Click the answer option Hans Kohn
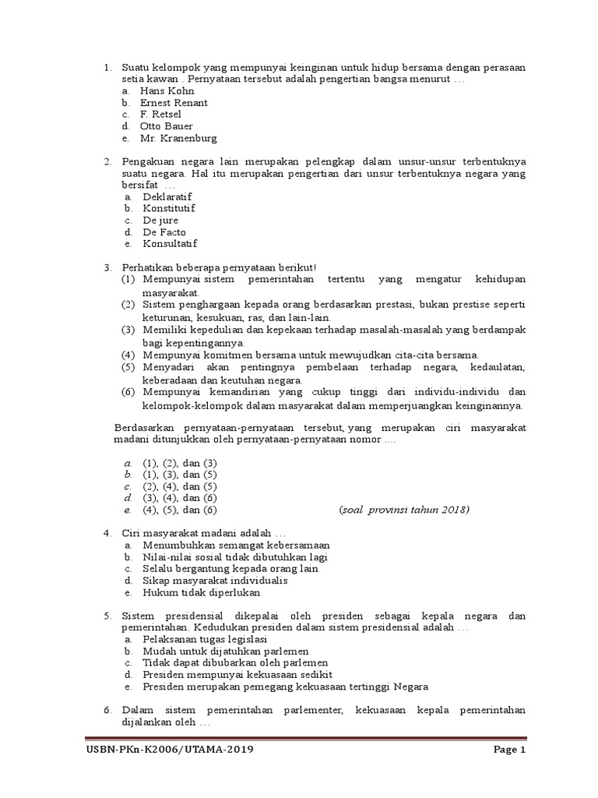click(x=167, y=91)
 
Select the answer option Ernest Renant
click(x=174, y=103)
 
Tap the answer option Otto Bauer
click(x=166, y=126)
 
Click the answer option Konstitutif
click(x=168, y=209)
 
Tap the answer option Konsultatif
click(x=169, y=244)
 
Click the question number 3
click(x=107, y=268)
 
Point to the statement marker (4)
click(x=128, y=355)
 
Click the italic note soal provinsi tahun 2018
click(x=404, y=510)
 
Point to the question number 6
click(x=107, y=711)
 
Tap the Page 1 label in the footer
click(x=510, y=750)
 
